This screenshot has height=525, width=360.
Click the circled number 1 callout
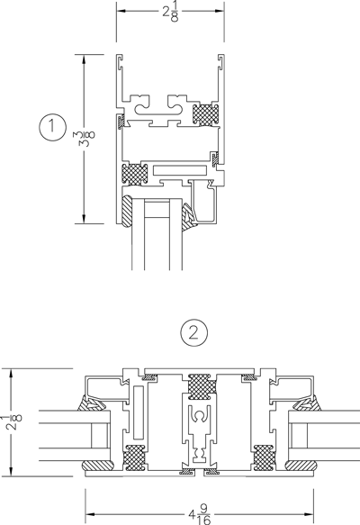(52, 128)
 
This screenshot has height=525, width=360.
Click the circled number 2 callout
(193, 333)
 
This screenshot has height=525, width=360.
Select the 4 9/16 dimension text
(200, 514)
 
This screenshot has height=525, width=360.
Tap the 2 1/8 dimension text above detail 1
(171, 12)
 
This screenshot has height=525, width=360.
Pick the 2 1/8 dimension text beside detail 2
(16, 422)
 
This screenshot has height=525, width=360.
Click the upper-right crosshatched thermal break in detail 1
(205, 114)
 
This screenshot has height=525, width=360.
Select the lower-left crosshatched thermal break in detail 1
(135, 174)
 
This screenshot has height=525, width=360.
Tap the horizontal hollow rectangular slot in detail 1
(180, 170)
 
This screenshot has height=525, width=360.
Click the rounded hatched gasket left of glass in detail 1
(127, 212)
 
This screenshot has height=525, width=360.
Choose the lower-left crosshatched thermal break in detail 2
(135, 457)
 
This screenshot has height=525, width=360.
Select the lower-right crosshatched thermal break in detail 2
(264, 457)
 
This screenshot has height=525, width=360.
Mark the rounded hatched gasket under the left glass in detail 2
(98, 465)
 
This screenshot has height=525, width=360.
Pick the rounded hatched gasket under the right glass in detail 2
(301, 465)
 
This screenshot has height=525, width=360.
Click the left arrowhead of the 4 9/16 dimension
(90, 514)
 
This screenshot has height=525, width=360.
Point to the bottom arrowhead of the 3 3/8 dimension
(84, 219)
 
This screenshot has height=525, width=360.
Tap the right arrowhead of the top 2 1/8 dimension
(220, 11)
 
